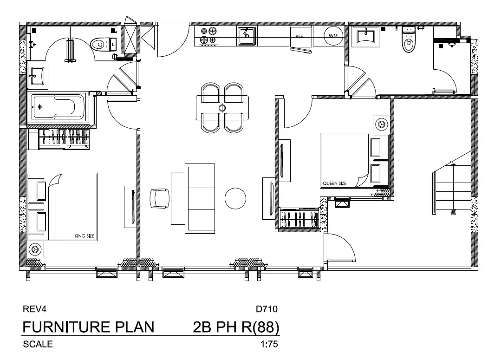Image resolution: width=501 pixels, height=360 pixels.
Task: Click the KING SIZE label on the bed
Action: (x=85, y=236)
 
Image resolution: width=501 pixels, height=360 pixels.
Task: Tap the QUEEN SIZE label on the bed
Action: (x=334, y=183)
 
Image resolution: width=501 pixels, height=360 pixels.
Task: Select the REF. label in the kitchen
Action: (x=299, y=36)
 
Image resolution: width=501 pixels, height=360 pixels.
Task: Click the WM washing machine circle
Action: (x=333, y=36)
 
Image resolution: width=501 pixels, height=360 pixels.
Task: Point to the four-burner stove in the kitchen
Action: (x=208, y=35)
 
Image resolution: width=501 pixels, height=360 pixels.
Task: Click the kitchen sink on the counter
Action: (x=247, y=36)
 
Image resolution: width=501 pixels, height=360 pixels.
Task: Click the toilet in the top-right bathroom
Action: (x=408, y=39)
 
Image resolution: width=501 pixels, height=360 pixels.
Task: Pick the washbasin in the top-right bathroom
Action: (x=366, y=36)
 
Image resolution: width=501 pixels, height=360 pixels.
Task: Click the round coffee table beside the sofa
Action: (x=235, y=198)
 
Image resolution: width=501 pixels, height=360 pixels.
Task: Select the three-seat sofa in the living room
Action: (x=200, y=198)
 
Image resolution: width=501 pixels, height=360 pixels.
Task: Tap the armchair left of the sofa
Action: (x=159, y=198)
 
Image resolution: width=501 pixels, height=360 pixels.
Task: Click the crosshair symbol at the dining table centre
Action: (x=222, y=108)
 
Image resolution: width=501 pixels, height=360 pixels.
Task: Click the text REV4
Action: (x=34, y=309)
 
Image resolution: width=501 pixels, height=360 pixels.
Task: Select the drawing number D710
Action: (x=267, y=309)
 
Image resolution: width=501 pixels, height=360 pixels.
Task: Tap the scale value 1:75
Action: (x=269, y=344)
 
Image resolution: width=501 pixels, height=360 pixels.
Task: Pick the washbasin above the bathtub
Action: (x=38, y=76)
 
